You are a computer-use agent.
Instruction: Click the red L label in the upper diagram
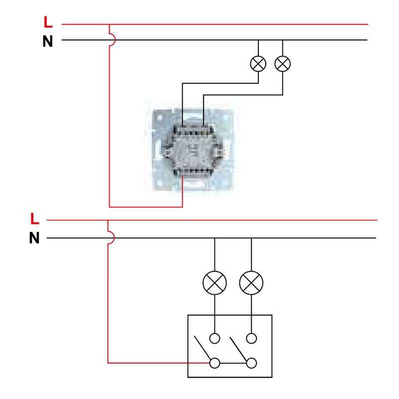point(48,23)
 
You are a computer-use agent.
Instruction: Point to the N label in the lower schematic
point(34,238)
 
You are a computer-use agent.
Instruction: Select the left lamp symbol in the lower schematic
point(214,284)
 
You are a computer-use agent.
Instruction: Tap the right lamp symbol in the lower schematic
point(251,284)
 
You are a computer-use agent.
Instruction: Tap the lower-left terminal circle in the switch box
point(214,362)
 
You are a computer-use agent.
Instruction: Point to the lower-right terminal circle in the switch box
point(251,362)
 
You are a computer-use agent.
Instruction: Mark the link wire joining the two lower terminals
point(232,362)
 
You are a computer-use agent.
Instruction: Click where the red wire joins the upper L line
point(109,24)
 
